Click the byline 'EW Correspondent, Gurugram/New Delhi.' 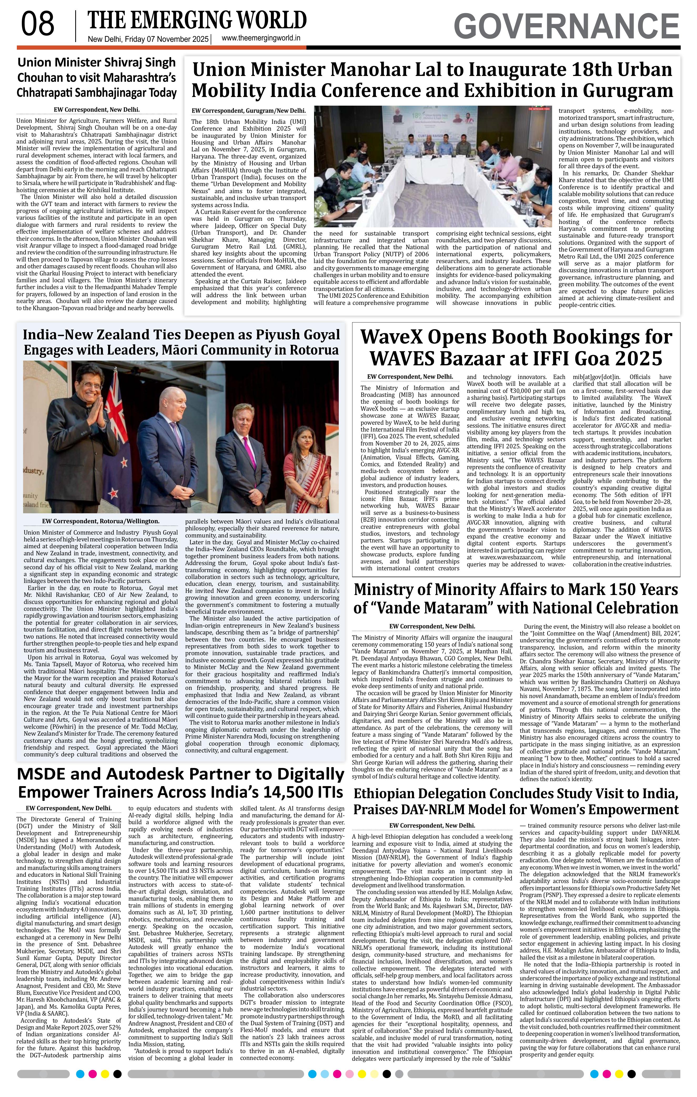click(249, 111)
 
